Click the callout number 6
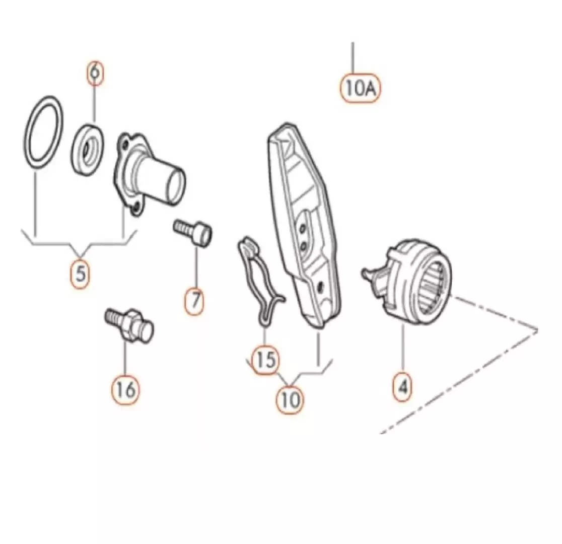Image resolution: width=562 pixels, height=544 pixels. (95, 73)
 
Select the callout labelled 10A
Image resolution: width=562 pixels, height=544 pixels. (360, 88)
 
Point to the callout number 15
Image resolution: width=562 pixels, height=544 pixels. (265, 360)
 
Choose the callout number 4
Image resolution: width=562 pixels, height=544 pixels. (403, 387)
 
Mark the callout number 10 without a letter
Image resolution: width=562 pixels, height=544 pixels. (290, 399)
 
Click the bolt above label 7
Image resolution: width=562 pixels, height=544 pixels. (193, 232)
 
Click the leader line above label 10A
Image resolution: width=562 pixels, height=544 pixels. (353, 58)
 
